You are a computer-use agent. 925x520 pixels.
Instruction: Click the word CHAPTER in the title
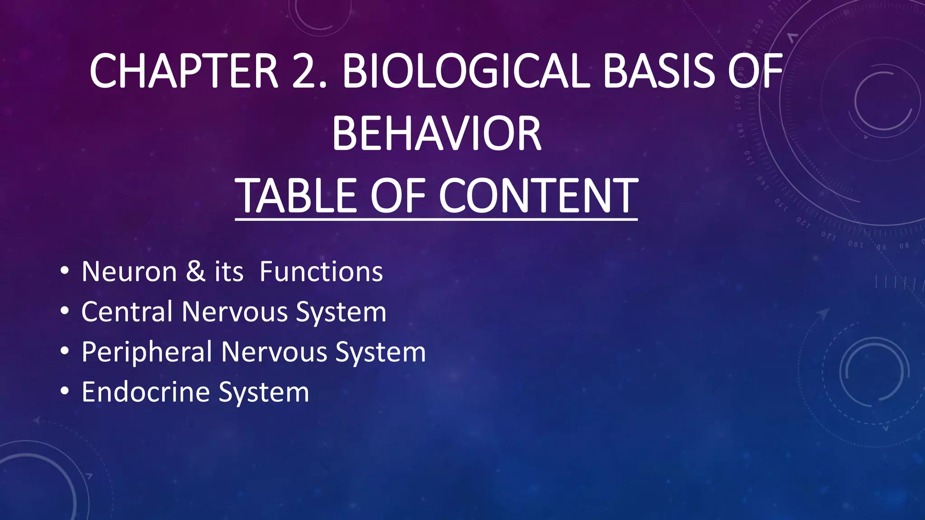(183, 71)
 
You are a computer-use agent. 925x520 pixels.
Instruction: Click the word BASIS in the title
(659, 71)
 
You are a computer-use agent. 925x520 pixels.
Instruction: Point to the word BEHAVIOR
(436, 134)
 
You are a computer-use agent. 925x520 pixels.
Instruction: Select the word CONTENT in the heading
(538, 196)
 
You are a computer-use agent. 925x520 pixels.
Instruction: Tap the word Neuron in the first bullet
(129, 272)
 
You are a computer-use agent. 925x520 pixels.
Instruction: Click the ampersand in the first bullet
(196, 272)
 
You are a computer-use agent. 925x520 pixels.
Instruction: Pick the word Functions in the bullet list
(321, 272)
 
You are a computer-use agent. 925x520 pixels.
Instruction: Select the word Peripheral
(147, 352)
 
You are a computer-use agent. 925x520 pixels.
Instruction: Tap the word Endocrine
(145, 392)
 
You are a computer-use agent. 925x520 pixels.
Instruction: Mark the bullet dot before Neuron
(65, 272)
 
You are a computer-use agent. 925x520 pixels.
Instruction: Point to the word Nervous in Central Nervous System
(235, 312)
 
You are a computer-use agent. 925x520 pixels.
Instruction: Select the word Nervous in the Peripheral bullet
(274, 352)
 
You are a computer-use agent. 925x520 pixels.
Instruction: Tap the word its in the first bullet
(229, 272)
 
